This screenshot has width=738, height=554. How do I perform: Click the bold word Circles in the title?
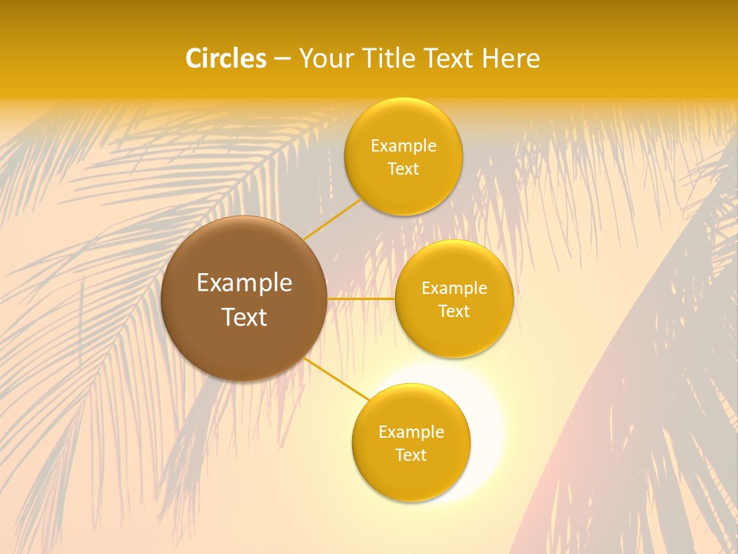coord(225,58)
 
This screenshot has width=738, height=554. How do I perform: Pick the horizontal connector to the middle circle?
coord(361,299)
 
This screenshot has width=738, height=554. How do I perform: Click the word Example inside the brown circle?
coord(244,283)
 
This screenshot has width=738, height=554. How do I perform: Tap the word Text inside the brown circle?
coord(244,317)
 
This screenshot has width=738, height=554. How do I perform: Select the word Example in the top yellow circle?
coord(404,146)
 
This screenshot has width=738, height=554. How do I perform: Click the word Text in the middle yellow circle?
coord(454,312)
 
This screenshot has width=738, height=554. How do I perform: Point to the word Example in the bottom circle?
coord(411,432)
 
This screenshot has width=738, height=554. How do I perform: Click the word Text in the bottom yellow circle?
coord(411,456)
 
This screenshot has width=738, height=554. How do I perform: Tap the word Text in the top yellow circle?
coord(404,169)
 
